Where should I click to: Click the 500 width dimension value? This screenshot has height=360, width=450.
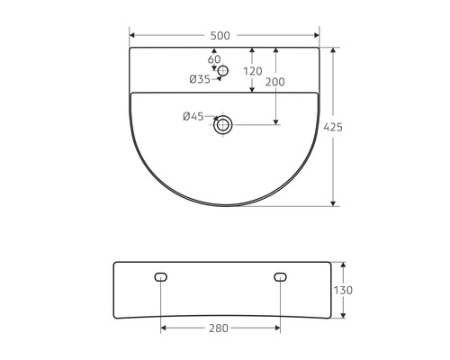(220, 35)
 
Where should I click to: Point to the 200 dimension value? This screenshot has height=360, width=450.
(275, 82)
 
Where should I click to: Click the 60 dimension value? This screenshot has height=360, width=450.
(214, 59)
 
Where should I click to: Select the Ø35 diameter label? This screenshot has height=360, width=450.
(199, 79)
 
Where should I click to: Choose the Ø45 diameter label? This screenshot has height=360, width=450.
(193, 115)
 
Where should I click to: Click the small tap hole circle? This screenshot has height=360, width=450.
(224, 70)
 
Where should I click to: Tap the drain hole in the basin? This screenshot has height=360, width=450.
(223, 125)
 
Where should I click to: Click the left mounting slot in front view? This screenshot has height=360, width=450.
(161, 277)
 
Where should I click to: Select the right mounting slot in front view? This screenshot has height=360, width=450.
(279, 277)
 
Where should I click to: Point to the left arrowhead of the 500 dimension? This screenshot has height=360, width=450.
(133, 35)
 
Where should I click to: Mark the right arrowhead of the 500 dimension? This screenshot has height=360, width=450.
(317, 35)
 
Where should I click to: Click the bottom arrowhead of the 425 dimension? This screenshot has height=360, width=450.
(333, 202)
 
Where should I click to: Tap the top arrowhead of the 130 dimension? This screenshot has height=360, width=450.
(344, 265)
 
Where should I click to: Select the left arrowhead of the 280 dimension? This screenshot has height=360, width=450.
(164, 328)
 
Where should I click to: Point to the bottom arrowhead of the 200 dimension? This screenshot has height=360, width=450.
(275, 121)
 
